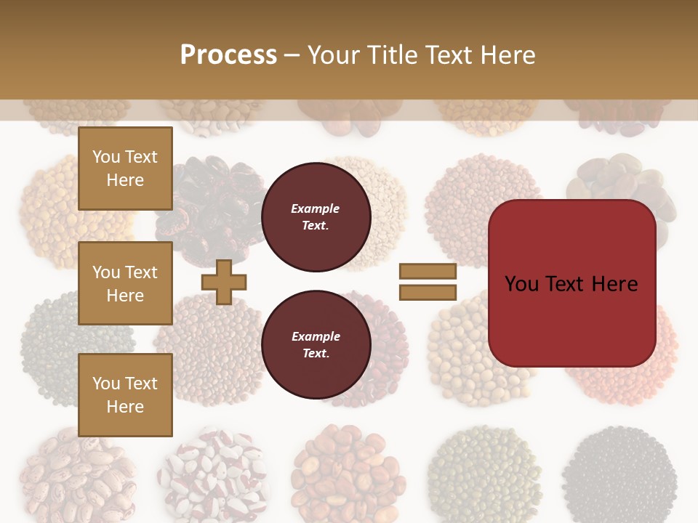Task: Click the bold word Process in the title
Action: point(228,54)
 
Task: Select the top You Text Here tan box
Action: point(125,169)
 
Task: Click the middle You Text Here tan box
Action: point(125,283)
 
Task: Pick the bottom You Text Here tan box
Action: point(125,395)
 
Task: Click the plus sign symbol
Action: point(224,282)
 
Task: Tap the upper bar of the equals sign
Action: point(428,271)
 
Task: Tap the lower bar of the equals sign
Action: point(428,293)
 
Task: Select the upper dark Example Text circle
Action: point(316,216)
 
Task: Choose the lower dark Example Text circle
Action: point(316,344)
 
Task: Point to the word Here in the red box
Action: point(614,284)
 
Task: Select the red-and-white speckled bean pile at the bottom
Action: point(211,476)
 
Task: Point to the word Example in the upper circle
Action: point(316,208)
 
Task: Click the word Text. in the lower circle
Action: point(316,354)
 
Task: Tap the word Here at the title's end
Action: point(509,55)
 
